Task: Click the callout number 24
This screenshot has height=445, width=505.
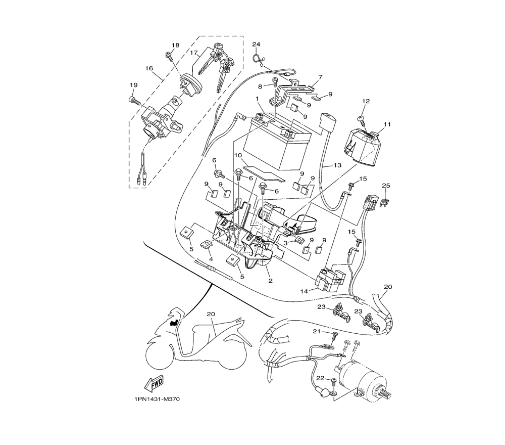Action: (256, 44)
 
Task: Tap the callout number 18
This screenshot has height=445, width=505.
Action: (175, 46)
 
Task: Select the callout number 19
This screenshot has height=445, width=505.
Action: (134, 85)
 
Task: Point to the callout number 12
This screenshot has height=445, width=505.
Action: (366, 101)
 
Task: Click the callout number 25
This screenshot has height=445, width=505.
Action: (386, 186)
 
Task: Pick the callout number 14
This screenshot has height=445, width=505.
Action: (305, 291)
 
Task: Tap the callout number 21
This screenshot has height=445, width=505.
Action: (317, 331)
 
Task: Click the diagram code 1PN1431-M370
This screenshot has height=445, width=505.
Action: (157, 399)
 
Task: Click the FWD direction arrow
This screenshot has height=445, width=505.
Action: (154, 383)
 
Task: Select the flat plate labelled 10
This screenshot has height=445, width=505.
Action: (264, 174)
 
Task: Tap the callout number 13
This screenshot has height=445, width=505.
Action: (337, 165)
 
